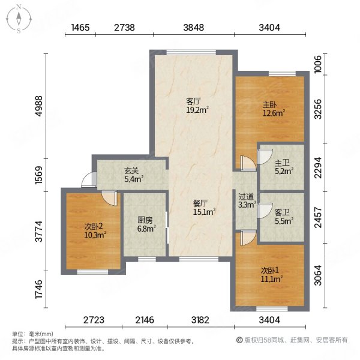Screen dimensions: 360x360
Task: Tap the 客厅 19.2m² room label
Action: coord(196,106)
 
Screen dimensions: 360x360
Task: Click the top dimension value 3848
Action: coord(194,28)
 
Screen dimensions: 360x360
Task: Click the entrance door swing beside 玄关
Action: coord(88,178)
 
